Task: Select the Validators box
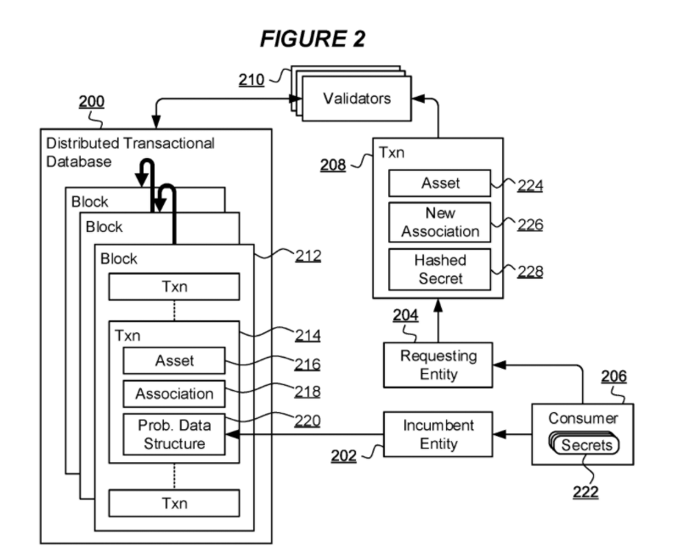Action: [357, 98]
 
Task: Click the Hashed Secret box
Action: [440, 268]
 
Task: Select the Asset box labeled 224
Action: [440, 183]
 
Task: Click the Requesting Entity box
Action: [438, 364]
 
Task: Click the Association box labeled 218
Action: [174, 393]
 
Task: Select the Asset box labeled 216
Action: [174, 360]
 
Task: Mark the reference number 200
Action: [92, 102]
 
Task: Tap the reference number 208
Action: [333, 165]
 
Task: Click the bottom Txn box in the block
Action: [174, 503]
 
